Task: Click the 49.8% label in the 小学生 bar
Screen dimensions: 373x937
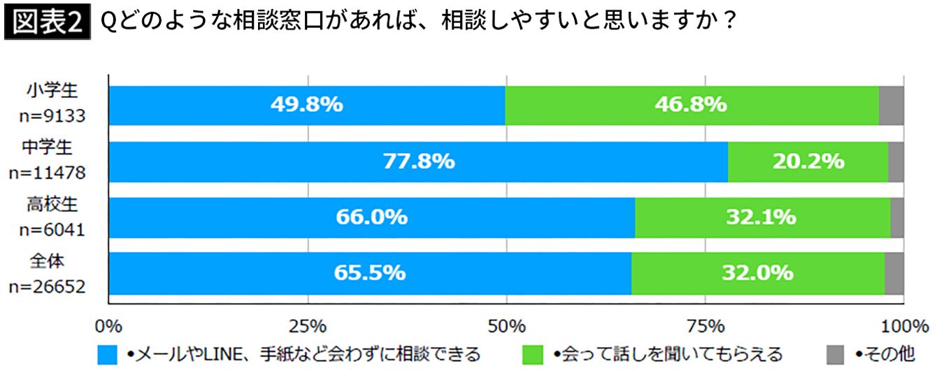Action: click(x=306, y=105)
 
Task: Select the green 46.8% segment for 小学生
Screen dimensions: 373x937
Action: click(x=690, y=105)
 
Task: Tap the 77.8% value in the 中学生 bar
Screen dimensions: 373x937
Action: click(x=418, y=162)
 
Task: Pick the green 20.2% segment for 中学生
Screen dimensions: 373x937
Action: click(x=808, y=162)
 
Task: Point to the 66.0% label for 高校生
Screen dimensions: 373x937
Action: click(x=371, y=217)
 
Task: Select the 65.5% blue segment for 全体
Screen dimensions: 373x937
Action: click(x=369, y=272)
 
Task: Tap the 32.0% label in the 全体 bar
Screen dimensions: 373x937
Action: click(x=757, y=272)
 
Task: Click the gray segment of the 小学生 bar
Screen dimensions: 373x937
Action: click(x=892, y=105)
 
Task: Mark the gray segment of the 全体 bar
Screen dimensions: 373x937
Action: click(x=894, y=272)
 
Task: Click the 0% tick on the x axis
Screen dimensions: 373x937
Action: click(x=108, y=325)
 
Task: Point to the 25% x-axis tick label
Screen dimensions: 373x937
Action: click(x=308, y=325)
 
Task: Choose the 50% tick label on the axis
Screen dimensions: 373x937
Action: click(x=506, y=325)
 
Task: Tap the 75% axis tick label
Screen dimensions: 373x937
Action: click(x=706, y=325)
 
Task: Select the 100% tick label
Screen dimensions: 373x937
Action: click(x=903, y=325)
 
